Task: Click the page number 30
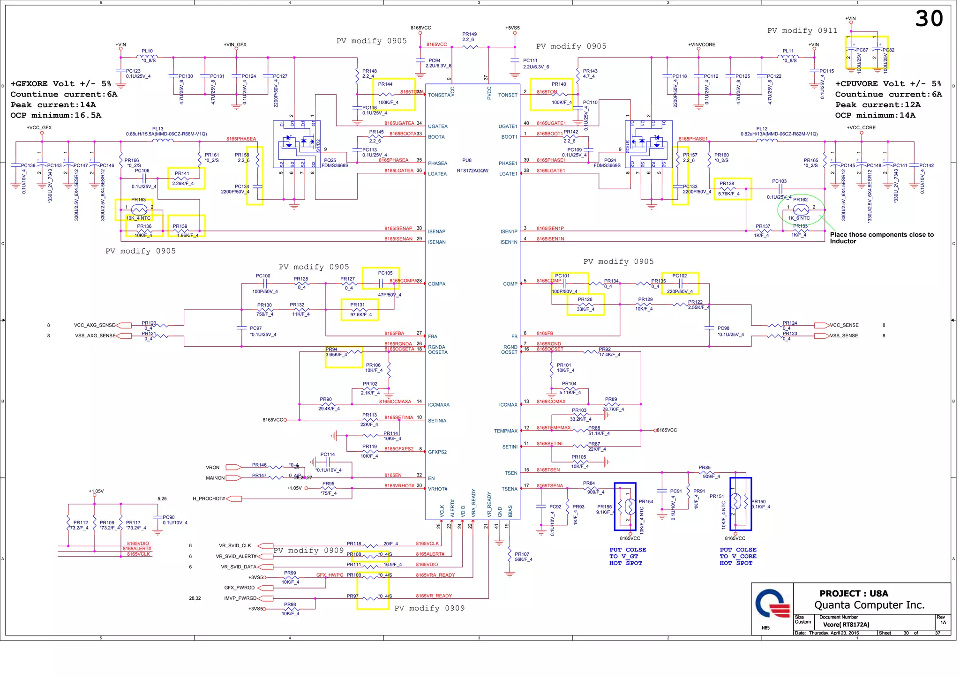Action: pos(929,19)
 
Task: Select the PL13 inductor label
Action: pos(157,129)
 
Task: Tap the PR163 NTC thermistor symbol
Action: pos(139,209)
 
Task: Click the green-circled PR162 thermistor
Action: pos(801,209)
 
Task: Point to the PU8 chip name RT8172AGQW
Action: pos(472,171)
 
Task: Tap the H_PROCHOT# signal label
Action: pos(209,499)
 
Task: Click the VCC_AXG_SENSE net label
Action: pos(94,325)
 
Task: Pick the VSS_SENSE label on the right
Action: pos(844,336)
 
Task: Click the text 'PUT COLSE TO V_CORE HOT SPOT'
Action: pos(738,556)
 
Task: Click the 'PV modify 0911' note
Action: pos(802,31)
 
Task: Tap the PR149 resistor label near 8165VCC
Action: pos(469,34)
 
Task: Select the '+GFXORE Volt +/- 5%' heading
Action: pos(61,84)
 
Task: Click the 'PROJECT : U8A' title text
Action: pos(854,593)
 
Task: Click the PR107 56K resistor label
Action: pos(523,557)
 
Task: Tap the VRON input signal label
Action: pos(212,468)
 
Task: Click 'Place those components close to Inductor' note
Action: pos(881,238)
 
